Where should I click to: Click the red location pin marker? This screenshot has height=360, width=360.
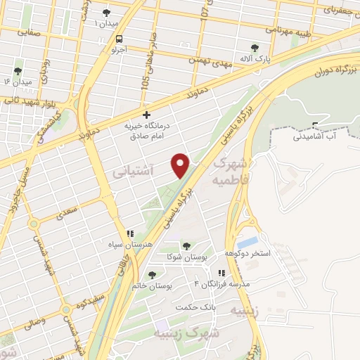pyautogui.click(x=181, y=165)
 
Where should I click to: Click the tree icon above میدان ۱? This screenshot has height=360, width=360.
pyautogui.click(x=106, y=12)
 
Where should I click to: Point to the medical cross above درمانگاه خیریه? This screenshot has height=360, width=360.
pyautogui.click(x=146, y=114)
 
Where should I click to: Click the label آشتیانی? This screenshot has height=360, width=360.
pyautogui.click(x=130, y=171)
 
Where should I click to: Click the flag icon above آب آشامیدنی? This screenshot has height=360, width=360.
pyautogui.click(x=315, y=127)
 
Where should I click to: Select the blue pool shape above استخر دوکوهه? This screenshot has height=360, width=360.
pyautogui.click(x=247, y=243)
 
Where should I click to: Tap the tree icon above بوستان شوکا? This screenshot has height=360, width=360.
pyautogui.click(x=186, y=246)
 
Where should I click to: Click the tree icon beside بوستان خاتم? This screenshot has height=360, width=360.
pyautogui.click(x=152, y=274)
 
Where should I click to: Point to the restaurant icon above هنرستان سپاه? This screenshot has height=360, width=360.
pyautogui.click(x=129, y=233)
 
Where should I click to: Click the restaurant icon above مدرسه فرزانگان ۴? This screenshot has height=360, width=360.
pyautogui.click(x=221, y=274)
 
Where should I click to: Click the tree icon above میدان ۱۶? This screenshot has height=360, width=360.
pyautogui.click(x=18, y=71)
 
